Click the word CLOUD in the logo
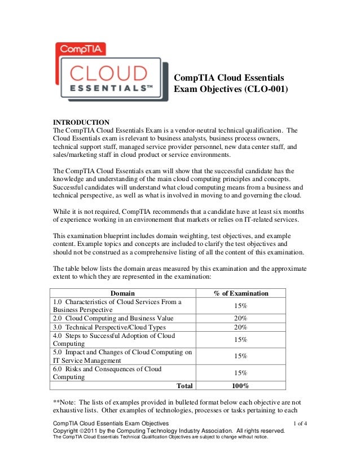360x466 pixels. point(109,73)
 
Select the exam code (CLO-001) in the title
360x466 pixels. point(264,89)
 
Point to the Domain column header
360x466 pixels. point(122,293)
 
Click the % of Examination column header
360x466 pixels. point(240,293)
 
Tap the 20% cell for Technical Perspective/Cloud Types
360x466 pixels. point(240,327)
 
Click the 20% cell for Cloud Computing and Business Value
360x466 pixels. point(240,318)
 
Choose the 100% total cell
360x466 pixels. point(240,386)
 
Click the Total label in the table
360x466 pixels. point(184,386)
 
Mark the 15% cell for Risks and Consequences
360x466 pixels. point(240,373)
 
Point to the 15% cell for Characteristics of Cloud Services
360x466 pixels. point(240,306)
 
